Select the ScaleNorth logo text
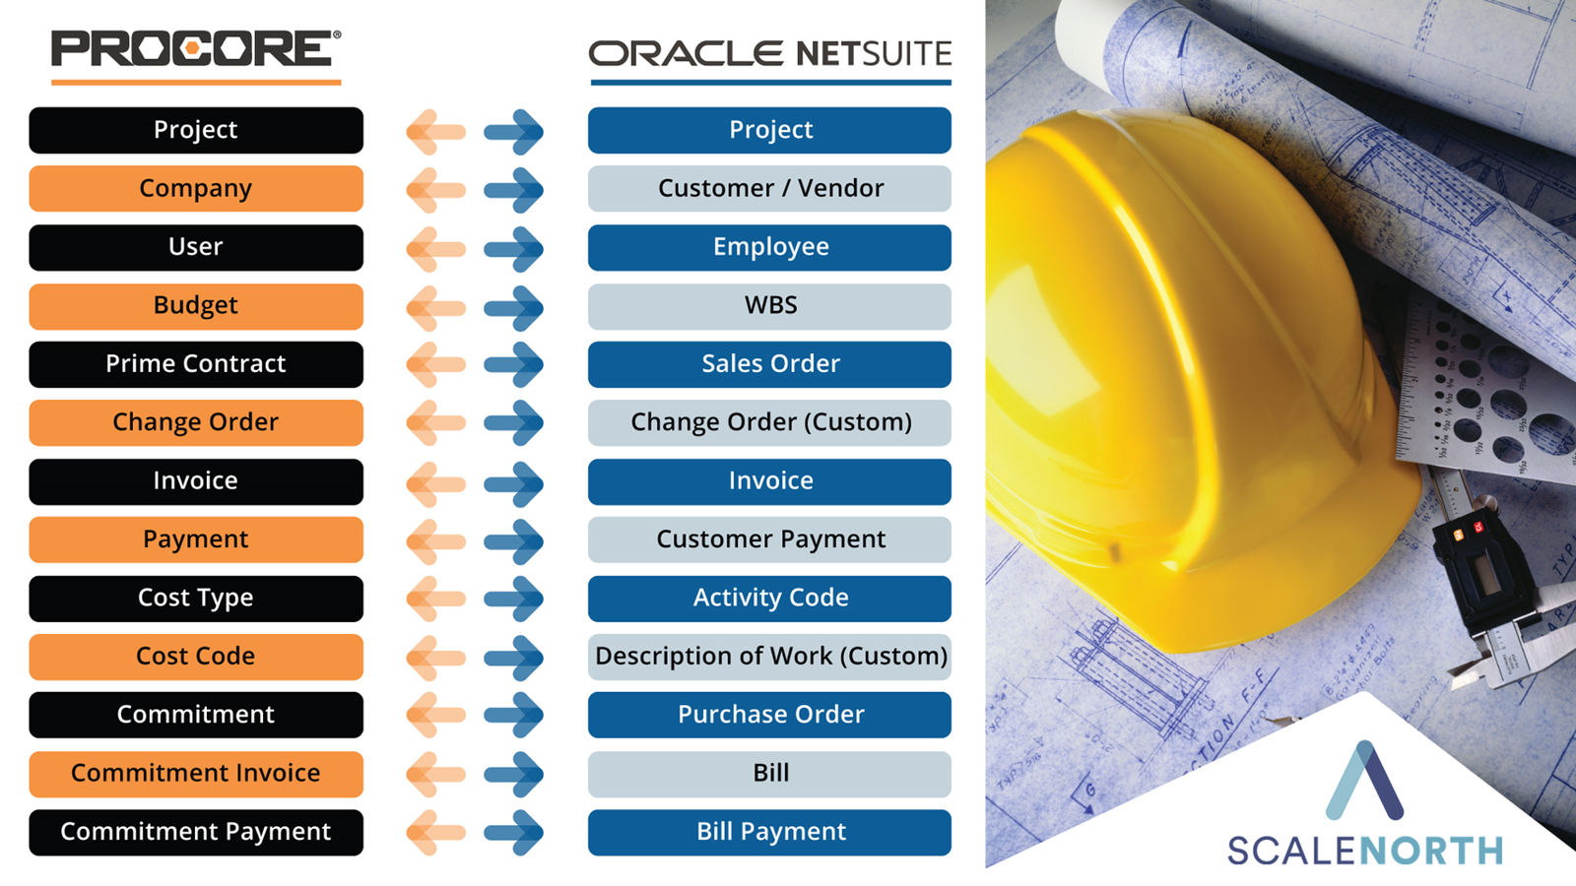(x=1365, y=851)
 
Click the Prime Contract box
(x=196, y=364)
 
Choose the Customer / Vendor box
(x=769, y=188)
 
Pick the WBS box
(x=769, y=306)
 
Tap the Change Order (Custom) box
(x=769, y=422)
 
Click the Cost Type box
(x=196, y=599)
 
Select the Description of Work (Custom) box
(x=769, y=657)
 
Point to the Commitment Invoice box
(x=196, y=774)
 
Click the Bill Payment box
(x=769, y=833)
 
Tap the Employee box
(x=769, y=247)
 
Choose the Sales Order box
(x=769, y=364)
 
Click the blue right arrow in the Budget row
(x=513, y=307)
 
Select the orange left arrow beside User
(x=436, y=249)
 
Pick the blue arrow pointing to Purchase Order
(x=513, y=715)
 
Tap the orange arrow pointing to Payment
(x=436, y=540)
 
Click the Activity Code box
(x=769, y=599)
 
